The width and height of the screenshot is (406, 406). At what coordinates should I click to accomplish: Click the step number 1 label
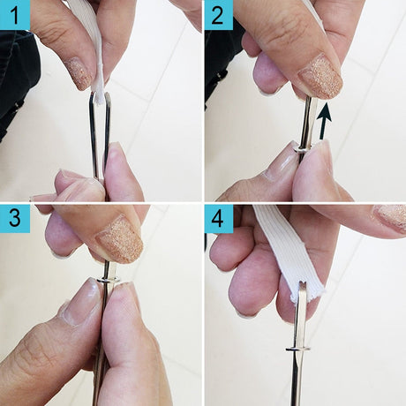(x=15, y=15)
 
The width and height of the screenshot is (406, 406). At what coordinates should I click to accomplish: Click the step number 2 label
(x=218, y=15)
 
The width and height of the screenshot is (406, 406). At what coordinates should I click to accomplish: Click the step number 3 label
(x=15, y=218)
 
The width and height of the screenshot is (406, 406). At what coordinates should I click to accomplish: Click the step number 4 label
(x=218, y=218)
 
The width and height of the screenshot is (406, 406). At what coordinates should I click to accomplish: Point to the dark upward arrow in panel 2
(x=324, y=121)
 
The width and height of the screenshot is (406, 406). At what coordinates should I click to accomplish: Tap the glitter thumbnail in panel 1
(x=79, y=74)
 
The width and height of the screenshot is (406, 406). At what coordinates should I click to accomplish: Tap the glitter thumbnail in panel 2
(x=320, y=77)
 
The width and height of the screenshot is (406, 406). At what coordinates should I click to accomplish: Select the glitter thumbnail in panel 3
(x=119, y=239)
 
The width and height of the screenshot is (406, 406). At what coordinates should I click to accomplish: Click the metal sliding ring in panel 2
(x=302, y=149)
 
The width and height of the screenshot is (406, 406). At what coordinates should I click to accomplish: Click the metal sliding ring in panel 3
(x=109, y=279)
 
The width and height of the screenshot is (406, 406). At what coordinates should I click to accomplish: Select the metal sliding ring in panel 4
(x=297, y=350)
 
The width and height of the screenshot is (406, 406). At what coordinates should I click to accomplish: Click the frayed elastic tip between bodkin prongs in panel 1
(x=100, y=94)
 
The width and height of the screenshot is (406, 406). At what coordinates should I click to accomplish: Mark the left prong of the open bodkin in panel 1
(x=94, y=135)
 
